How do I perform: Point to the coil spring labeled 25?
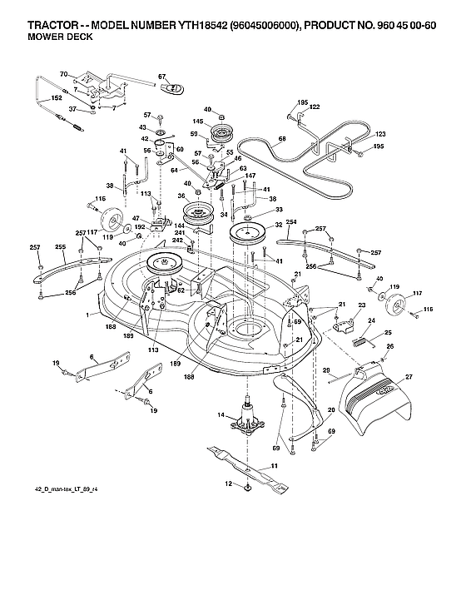(360, 340)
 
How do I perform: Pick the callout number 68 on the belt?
(283, 138)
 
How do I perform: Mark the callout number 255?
(60, 246)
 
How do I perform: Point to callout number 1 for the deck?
(87, 314)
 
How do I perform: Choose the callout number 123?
(381, 134)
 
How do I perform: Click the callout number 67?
(164, 77)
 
